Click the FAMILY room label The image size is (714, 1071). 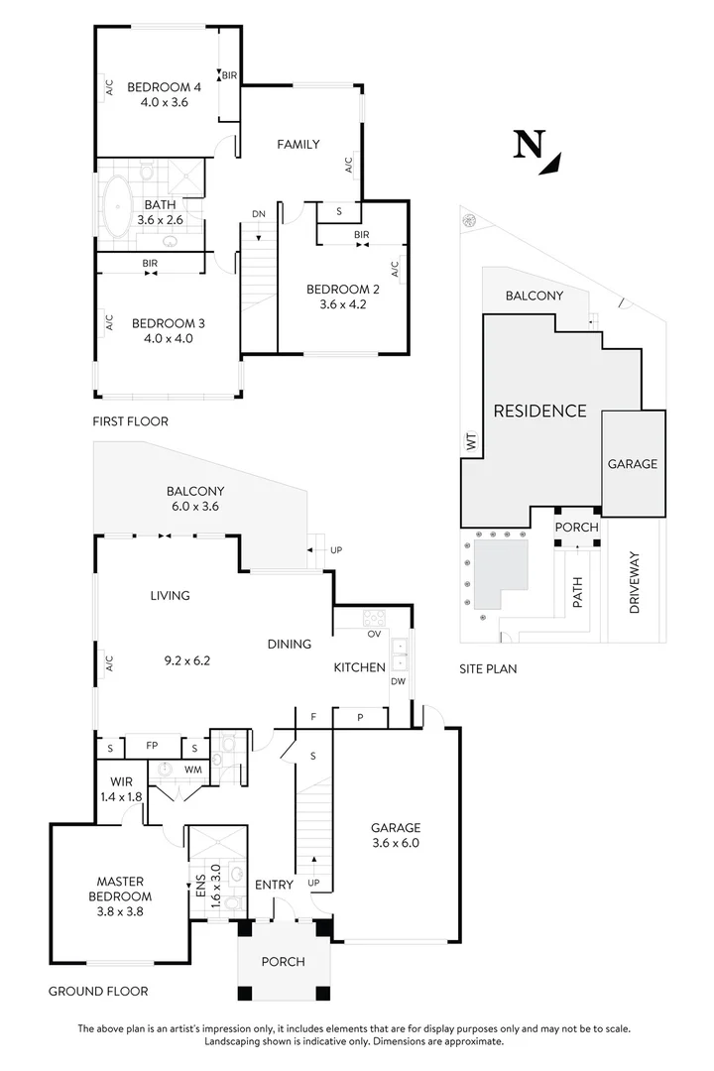[x=297, y=145]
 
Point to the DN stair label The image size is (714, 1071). [x=258, y=213]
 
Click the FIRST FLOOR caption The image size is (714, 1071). [x=130, y=421]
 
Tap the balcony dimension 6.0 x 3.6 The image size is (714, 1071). [x=195, y=506]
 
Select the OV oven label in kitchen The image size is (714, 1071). [x=375, y=633]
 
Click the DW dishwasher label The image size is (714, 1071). [x=398, y=681]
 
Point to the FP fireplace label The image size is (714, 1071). [x=152, y=745]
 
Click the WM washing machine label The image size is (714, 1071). [x=193, y=770]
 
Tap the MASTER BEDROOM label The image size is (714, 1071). [x=120, y=882]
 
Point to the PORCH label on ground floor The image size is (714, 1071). [x=283, y=962]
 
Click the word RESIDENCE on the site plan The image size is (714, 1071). [x=540, y=411]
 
